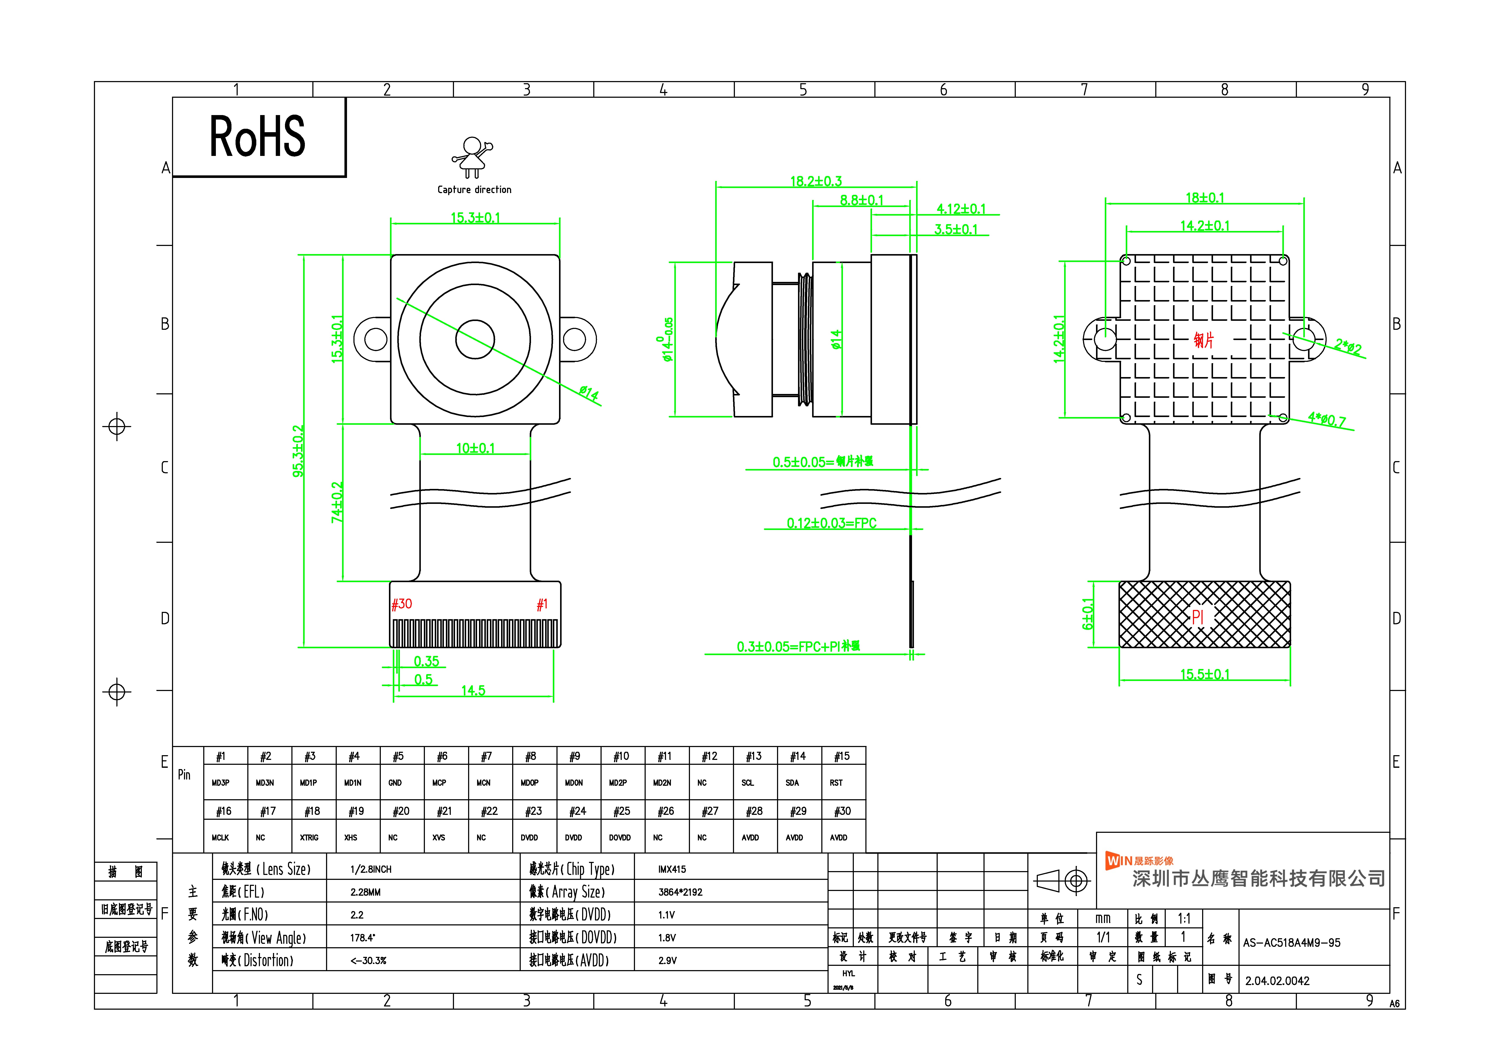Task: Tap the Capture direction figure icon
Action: click(472, 157)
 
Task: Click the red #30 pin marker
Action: click(401, 604)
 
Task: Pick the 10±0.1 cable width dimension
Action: click(475, 448)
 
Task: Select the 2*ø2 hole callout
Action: click(1347, 346)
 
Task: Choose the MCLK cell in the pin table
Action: click(220, 838)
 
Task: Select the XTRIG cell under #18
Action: click(309, 838)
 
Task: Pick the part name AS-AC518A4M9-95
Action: click(1291, 943)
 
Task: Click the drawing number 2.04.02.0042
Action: click(1277, 981)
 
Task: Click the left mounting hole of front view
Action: click(375, 339)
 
